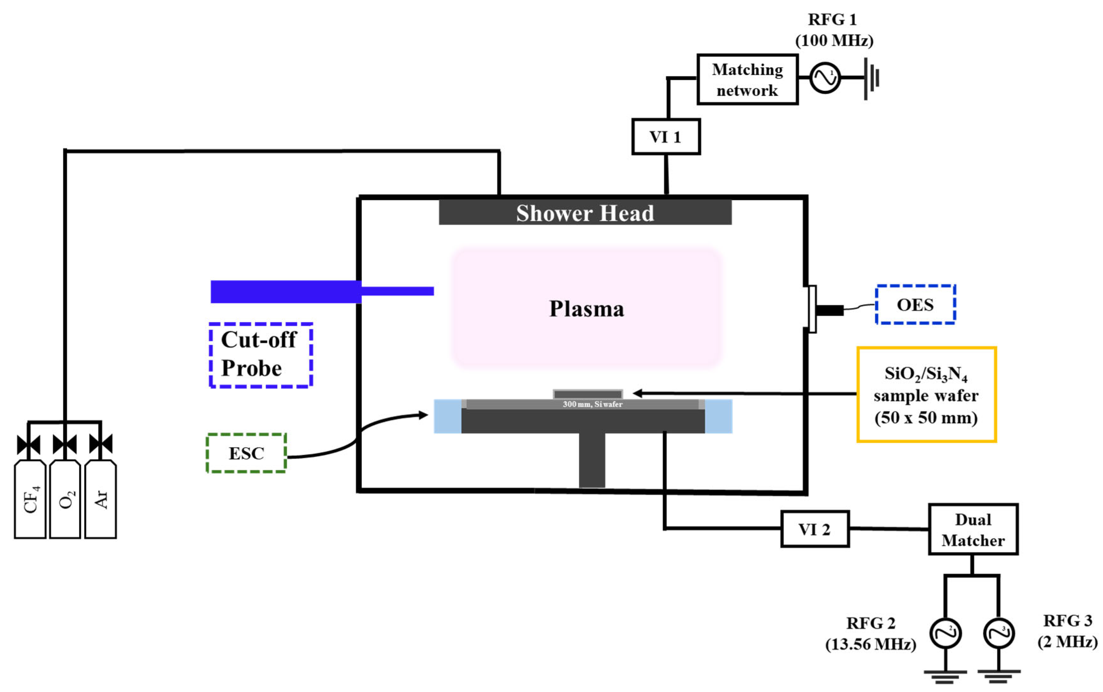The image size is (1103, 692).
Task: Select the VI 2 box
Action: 815,529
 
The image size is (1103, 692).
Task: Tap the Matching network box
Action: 747,80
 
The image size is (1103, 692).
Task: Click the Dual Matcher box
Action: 973,529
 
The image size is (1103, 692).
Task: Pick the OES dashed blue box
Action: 915,304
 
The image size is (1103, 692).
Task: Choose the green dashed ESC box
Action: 246,453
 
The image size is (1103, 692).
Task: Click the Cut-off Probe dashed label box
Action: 260,355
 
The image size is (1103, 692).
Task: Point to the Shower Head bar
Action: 585,213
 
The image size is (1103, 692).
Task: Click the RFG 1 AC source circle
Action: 825,78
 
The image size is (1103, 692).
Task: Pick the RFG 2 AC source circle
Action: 945,634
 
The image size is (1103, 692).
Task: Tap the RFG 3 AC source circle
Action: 999,634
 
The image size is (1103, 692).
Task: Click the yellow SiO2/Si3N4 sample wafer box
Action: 926,394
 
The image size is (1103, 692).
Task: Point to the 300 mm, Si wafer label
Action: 592,404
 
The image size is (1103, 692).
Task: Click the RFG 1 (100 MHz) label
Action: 833,30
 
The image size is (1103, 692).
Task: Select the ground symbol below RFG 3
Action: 999,675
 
